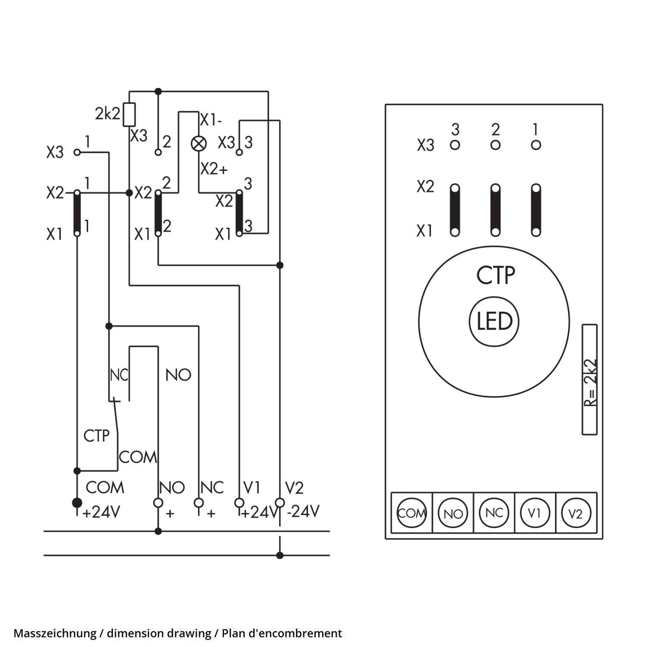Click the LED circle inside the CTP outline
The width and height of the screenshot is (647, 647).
tap(494, 321)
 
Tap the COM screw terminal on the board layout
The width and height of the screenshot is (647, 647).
tap(411, 513)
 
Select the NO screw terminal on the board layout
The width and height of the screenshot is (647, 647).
tap(452, 513)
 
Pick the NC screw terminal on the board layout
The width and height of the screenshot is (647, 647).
tap(493, 513)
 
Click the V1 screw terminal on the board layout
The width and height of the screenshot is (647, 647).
tap(534, 513)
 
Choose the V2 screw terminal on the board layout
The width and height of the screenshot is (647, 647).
tap(576, 513)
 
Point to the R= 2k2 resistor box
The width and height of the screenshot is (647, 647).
tap(590, 380)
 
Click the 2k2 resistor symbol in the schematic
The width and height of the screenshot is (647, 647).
tap(129, 114)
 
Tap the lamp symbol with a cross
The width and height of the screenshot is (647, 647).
tap(198, 144)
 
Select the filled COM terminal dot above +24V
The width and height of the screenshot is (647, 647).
tap(77, 503)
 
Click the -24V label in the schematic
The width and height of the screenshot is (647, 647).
tap(303, 512)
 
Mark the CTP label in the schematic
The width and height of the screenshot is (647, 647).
tap(96, 436)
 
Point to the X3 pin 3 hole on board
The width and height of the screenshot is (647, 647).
tap(455, 145)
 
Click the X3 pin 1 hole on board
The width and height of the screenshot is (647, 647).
tap(536, 145)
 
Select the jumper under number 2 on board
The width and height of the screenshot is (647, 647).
tap(495, 210)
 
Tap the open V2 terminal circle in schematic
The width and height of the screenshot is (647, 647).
tap(280, 503)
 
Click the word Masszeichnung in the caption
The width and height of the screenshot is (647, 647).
tap(55, 633)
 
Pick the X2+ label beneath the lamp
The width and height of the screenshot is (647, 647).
tap(214, 170)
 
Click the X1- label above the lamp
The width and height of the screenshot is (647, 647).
tap(211, 120)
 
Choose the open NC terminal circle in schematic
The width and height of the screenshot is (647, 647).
tap(198, 503)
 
